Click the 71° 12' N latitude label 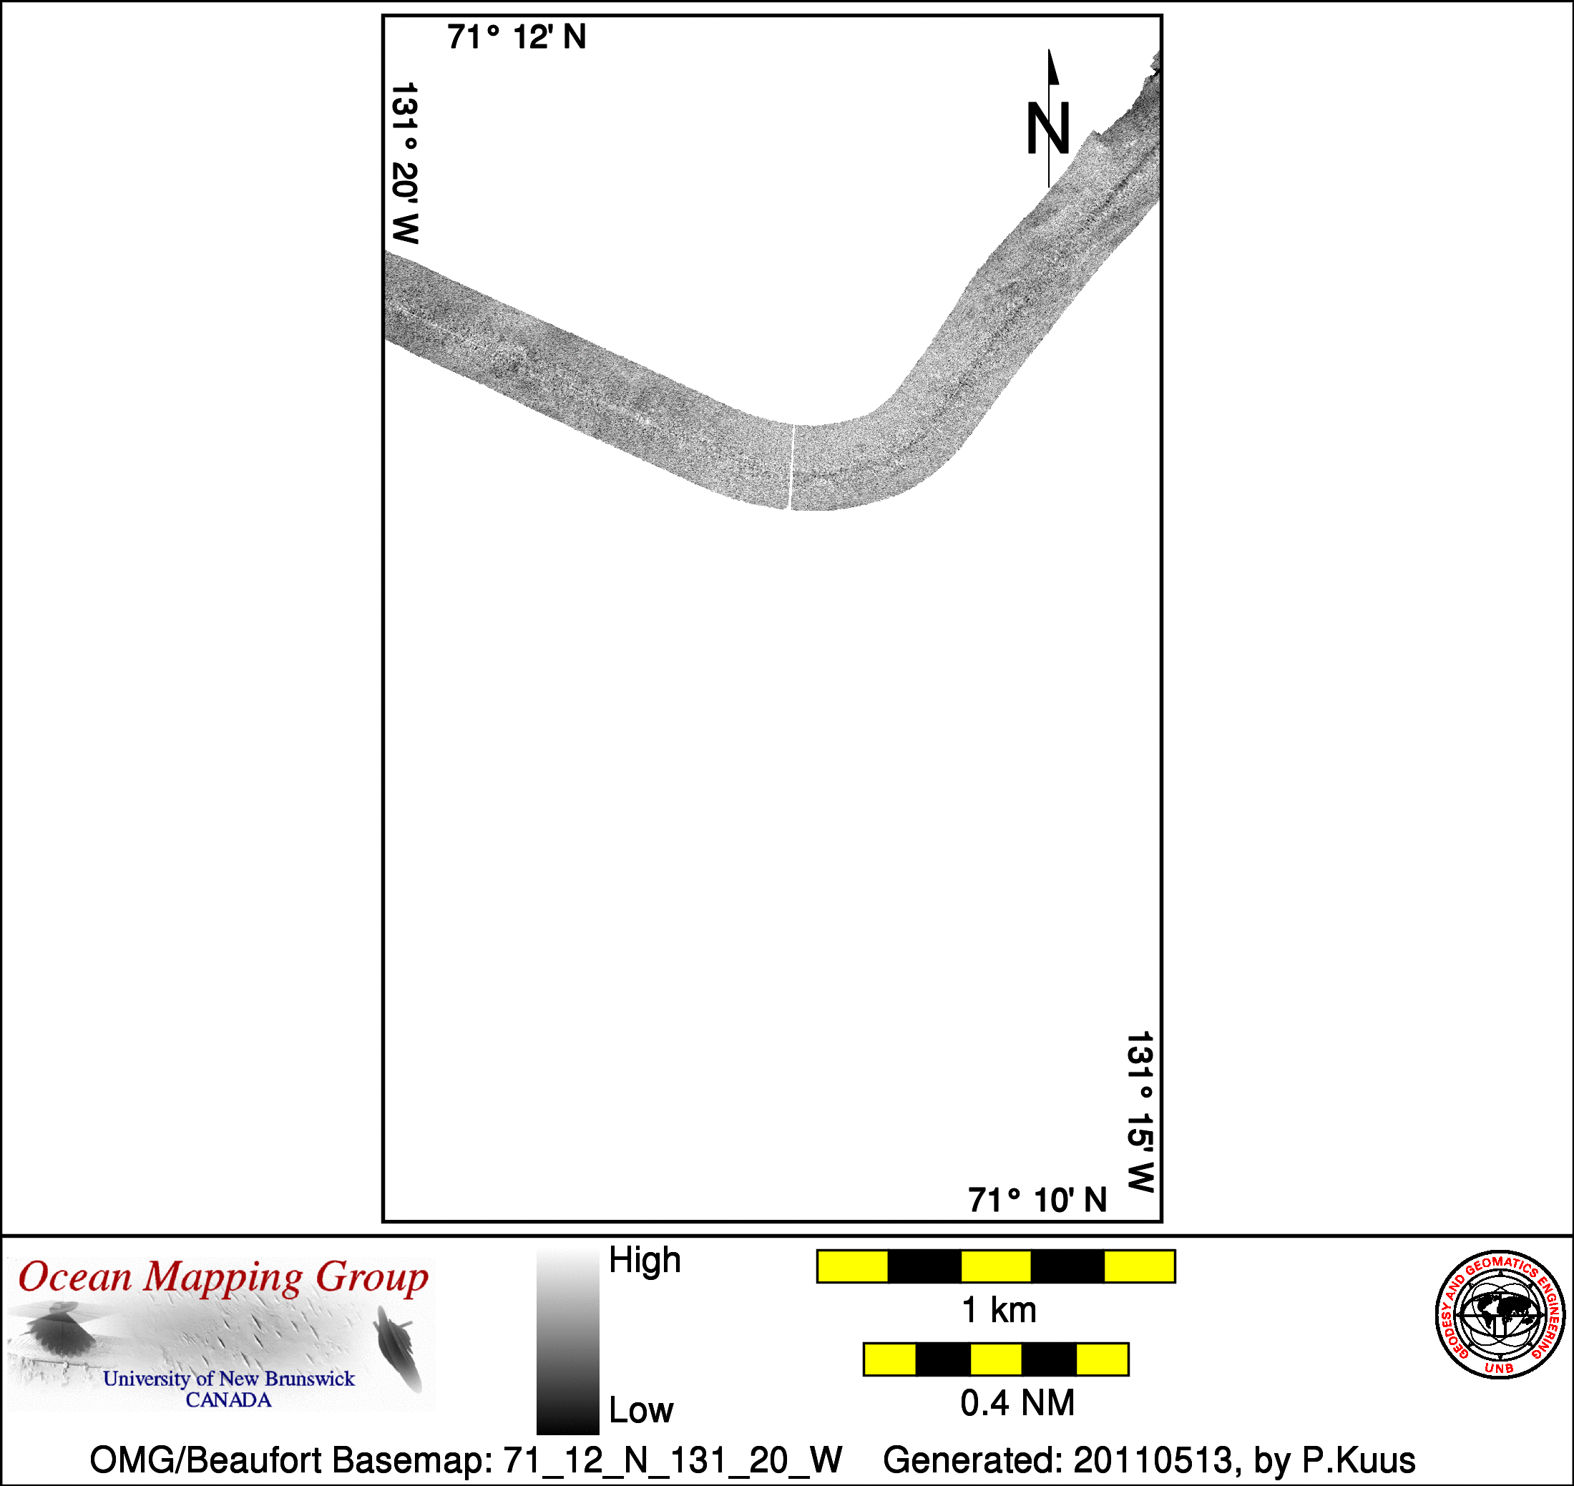[x=517, y=37]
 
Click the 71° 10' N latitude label [x=1037, y=1200]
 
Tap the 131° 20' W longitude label [x=405, y=163]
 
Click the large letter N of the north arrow [x=1048, y=128]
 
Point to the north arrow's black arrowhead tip [x=1050, y=50]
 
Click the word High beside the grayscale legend [x=645, y=1260]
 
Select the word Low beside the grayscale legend [x=641, y=1410]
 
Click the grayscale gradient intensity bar [x=567, y=1342]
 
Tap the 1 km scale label [x=999, y=1310]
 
